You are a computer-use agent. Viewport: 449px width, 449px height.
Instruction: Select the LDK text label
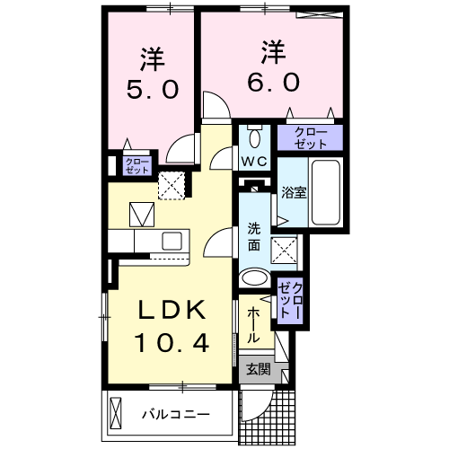click(x=172, y=311)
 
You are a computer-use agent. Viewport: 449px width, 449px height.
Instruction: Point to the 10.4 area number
click(x=172, y=341)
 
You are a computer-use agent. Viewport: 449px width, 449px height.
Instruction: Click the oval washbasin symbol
click(x=256, y=277)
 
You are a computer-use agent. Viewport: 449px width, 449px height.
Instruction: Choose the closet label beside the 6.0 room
click(x=310, y=137)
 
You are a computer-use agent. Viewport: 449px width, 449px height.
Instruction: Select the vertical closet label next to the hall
click(x=291, y=298)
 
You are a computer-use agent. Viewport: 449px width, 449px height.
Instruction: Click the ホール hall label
click(x=253, y=326)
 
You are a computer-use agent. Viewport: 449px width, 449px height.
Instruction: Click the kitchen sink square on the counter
click(x=171, y=240)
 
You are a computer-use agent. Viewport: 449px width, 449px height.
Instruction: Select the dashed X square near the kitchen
click(x=172, y=185)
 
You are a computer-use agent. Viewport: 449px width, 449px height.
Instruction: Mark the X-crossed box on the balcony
click(x=115, y=414)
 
